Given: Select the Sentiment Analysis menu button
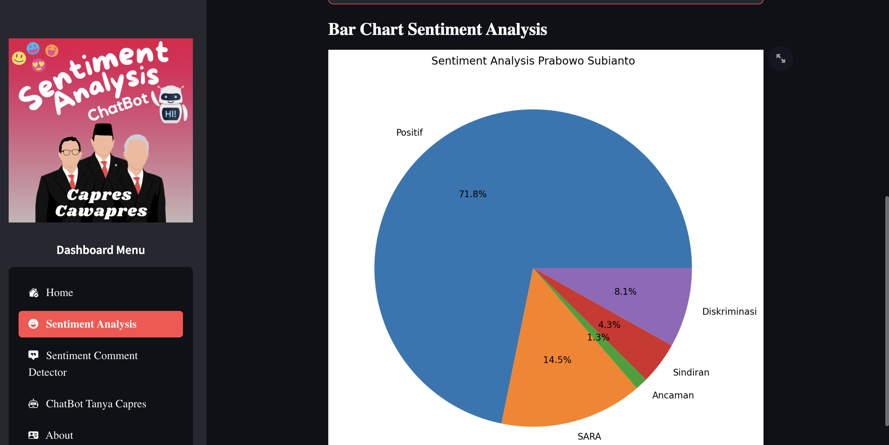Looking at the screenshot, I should [100, 324].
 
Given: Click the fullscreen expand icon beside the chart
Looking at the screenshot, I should [780, 58].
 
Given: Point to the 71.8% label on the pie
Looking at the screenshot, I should [472, 194].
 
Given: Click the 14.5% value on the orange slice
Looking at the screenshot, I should [557, 360].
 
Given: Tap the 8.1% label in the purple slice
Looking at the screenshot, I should [625, 291].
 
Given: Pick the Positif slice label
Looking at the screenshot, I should [409, 133].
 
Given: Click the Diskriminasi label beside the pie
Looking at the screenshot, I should [729, 311].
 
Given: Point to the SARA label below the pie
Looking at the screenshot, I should [589, 436].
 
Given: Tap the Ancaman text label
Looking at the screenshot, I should [673, 395].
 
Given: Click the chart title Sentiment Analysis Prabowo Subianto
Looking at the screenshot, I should [533, 61].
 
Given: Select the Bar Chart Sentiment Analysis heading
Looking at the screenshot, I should [437, 29].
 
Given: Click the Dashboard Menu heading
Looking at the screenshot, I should [100, 250].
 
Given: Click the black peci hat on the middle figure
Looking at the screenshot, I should [103, 130].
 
